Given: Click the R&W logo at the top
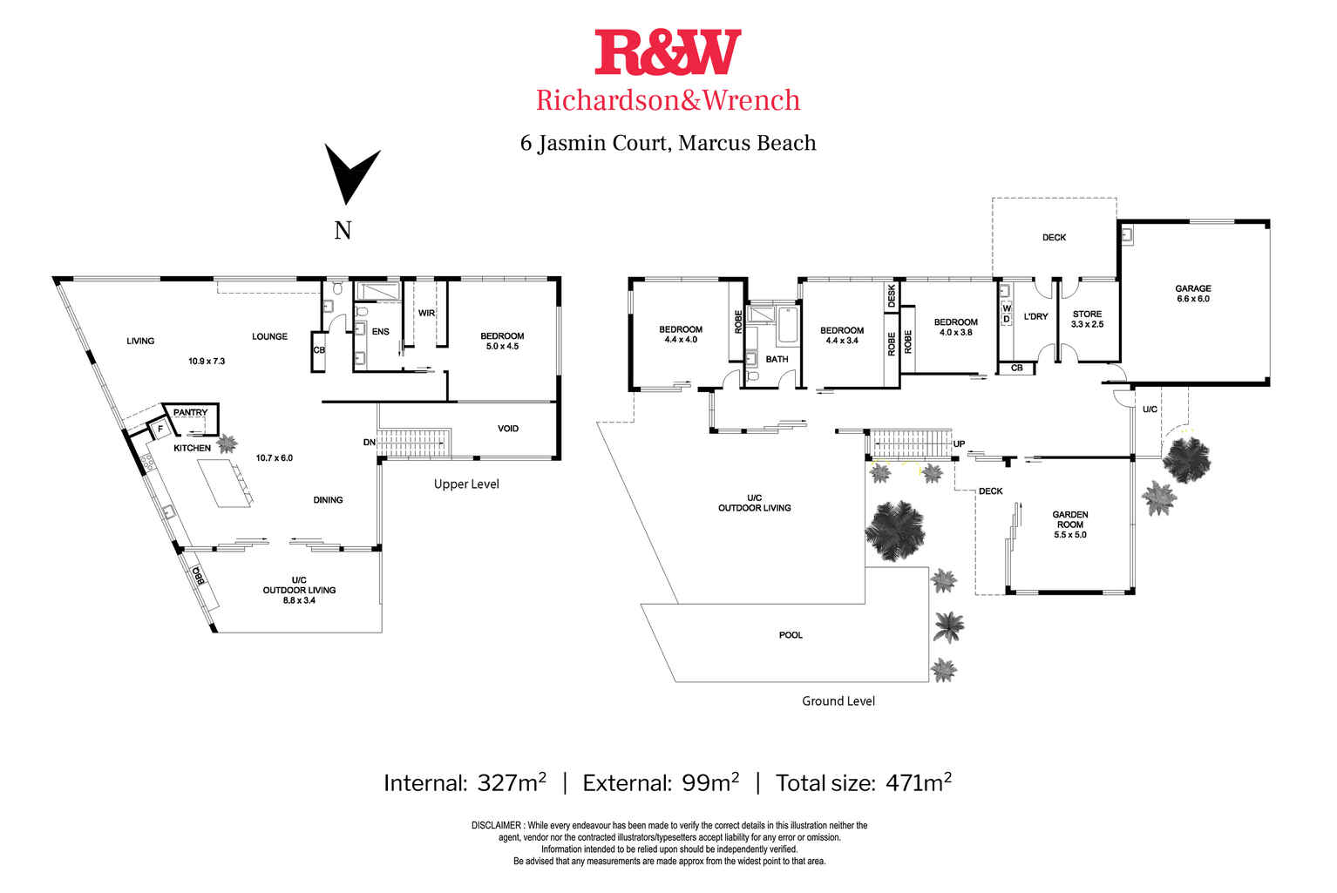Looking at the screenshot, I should coord(668,52).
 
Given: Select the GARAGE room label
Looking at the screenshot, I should coord(1192,288).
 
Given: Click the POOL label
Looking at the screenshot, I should coord(791,635).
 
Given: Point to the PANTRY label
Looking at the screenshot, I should coord(190,412).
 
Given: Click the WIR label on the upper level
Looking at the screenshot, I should coord(426,313).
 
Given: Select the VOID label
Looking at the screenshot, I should coord(508,429).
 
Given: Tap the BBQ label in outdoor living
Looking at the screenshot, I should coord(199,577).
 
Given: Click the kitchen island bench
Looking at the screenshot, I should coord(224,483).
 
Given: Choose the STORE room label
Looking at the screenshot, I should coord(1087,315).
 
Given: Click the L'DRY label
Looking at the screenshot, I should coord(1035,316).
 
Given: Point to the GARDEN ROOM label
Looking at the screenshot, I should coord(1069,519).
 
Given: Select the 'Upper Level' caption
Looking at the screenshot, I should coord(466,484).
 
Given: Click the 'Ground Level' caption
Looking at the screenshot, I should coord(838,701).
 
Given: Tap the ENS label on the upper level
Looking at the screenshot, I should coord(381,332).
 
